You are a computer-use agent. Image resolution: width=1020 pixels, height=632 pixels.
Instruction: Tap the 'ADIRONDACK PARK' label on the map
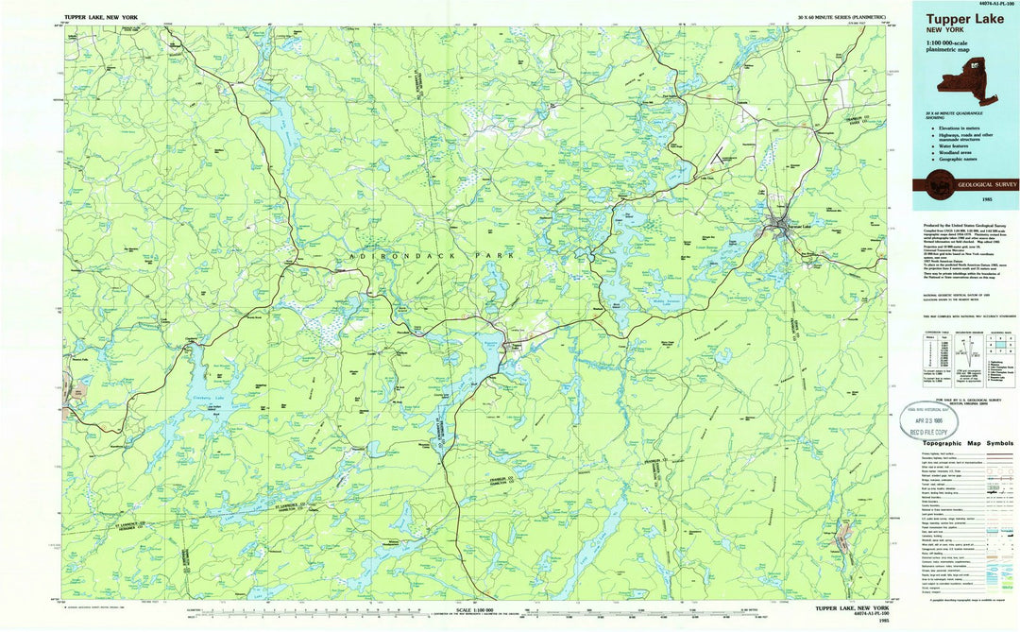tap(431, 256)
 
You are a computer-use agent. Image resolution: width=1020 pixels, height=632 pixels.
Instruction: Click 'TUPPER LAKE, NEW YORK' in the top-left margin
tap(99, 18)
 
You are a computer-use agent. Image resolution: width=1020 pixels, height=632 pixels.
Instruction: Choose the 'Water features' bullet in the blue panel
tap(957, 145)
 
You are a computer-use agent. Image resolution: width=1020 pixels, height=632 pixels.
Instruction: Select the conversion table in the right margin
tap(929, 358)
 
